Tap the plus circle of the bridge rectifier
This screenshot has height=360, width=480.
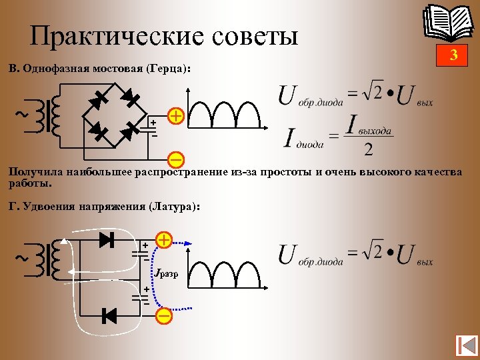point(176,116)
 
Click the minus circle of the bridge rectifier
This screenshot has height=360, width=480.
point(176,159)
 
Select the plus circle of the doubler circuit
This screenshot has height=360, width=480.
point(164,239)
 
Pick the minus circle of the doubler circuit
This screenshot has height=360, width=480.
point(164,315)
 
